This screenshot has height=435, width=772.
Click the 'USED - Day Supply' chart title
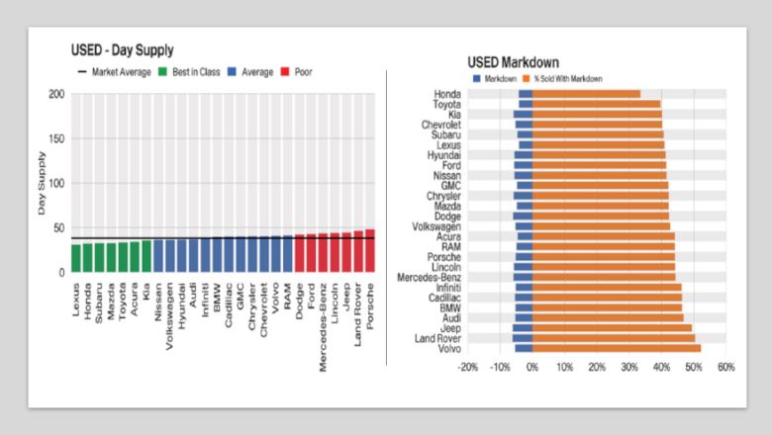pos(123,50)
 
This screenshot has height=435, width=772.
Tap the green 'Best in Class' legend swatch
pos(163,72)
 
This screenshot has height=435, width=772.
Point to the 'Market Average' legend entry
pos(114,72)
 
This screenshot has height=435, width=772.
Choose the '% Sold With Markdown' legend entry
pos(564,78)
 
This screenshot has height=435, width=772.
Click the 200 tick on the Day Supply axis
pos(56,94)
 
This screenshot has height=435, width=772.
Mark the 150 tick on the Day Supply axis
pos(56,138)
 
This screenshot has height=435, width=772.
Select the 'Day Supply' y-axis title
pos(42,183)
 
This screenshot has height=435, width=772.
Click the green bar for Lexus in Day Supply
pos(75,257)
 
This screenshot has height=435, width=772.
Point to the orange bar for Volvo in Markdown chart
pos(616,348)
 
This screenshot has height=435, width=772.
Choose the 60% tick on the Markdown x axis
pos(725,366)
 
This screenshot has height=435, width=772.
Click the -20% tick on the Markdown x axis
pos(468,366)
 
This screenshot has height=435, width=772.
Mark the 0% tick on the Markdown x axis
pos(532,366)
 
